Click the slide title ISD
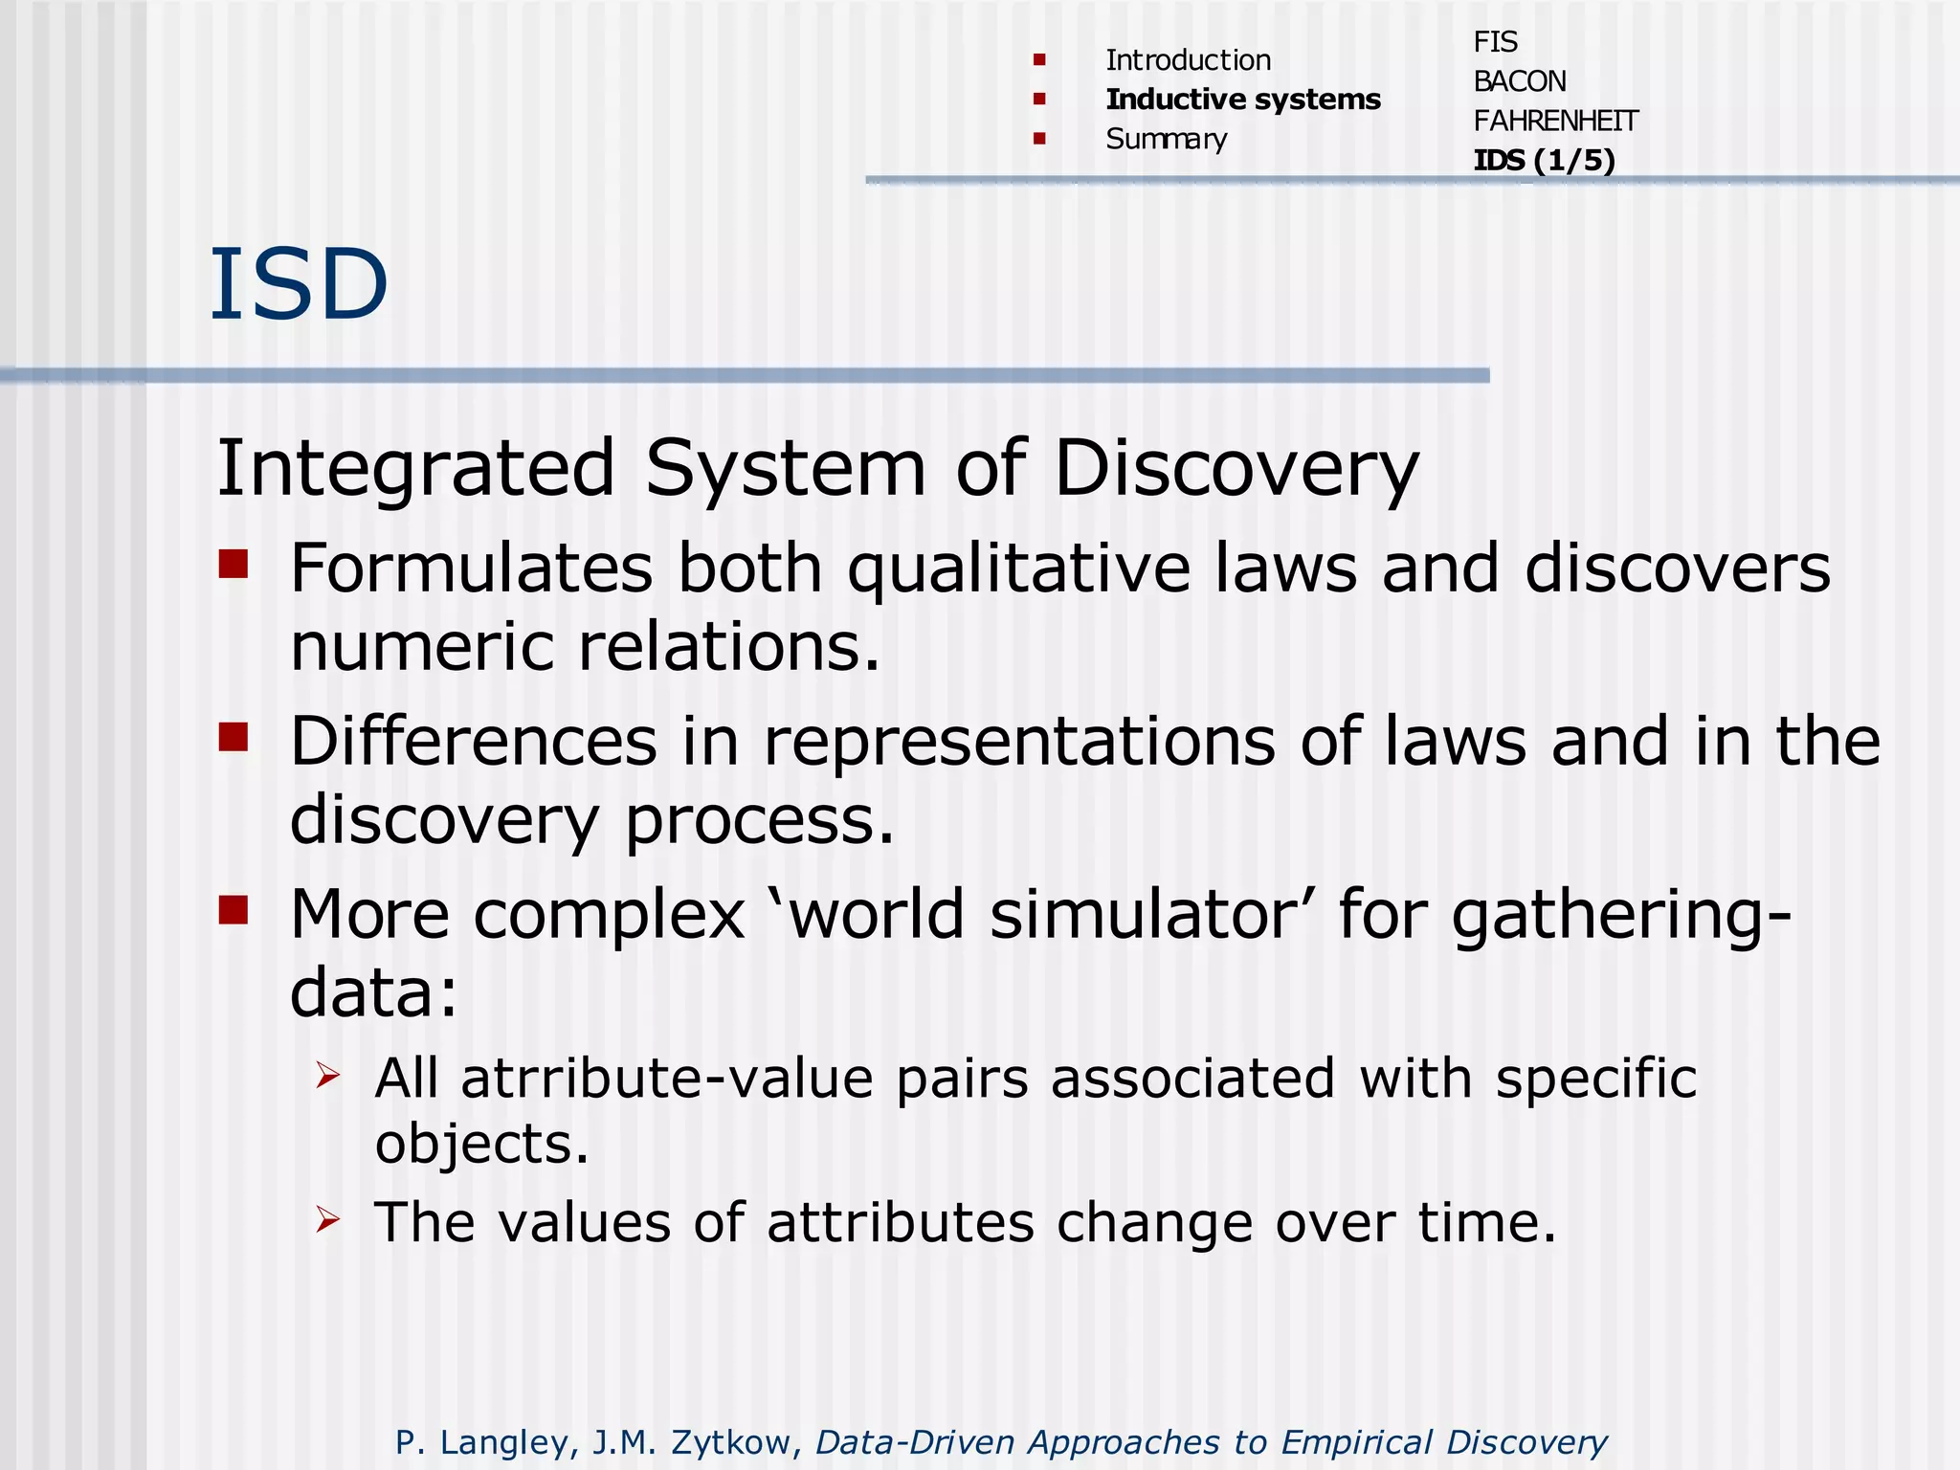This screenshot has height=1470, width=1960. pos(299,284)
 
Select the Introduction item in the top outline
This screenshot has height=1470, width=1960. pos(1188,60)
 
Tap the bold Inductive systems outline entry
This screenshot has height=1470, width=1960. pos(1242,100)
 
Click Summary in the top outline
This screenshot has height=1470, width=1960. pos(1166,140)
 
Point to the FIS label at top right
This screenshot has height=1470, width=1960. pos(1495,42)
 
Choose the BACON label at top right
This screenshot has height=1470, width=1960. pos(1519,81)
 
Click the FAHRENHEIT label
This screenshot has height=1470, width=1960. pos(1555,121)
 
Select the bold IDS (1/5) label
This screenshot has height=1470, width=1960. pos(1544,160)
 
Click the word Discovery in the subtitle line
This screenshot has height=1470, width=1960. pos(1236,470)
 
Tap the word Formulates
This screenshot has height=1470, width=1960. pos(472,568)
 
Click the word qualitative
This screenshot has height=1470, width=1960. pos(1019,570)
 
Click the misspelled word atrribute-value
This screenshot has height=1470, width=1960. pos(667,1079)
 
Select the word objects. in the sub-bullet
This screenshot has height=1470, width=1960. pos(481,1145)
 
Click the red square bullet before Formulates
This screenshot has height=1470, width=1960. pos(234,564)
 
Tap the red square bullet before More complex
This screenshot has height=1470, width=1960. pos(234,909)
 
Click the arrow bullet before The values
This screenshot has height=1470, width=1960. pos(328,1219)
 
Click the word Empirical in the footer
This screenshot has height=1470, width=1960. pos(1356,1441)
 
